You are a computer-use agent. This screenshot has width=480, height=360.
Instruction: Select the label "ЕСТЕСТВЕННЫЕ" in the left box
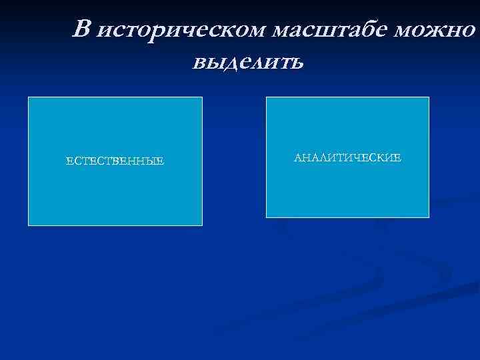pyautogui.click(x=115, y=161)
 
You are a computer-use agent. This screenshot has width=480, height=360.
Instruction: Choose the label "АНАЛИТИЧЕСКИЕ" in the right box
pyautogui.click(x=347, y=158)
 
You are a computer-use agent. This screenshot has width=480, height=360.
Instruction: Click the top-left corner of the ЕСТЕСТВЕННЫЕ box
pyautogui.click(x=28, y=97)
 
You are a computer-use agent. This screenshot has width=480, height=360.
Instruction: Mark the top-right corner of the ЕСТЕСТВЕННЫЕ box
pyautogui.click(x=202, y=97)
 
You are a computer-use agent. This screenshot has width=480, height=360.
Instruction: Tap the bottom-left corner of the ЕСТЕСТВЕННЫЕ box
pyautogui.click(x=28, y=225)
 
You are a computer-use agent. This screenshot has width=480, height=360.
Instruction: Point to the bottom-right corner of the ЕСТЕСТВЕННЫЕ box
pyautogui.click(x=202, y=225)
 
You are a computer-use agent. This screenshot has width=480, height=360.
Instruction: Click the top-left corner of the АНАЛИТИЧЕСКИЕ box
pyautogui.click(x=266, y=97)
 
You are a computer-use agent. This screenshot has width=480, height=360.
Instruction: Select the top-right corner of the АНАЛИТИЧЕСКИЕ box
pyautogui.click(x=429, y=97)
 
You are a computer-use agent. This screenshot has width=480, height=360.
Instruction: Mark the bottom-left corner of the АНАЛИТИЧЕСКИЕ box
pyautogui.click(x=266, y=217)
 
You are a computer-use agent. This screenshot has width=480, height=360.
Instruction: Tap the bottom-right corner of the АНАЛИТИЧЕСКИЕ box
pyautogui.click(x=429, y=217)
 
